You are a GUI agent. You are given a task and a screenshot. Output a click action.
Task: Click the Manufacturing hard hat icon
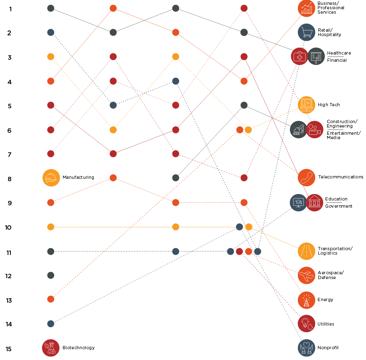point(51,178)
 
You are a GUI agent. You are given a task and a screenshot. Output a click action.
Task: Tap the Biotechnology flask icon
point(51,348)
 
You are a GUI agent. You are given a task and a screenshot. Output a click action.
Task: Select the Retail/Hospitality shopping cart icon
point(307,32)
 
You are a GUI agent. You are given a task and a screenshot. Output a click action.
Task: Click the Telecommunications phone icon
point(307,178)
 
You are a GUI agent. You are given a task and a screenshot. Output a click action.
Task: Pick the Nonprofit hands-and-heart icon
point(307,348)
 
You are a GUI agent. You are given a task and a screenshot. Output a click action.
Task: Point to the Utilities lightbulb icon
point(307,324)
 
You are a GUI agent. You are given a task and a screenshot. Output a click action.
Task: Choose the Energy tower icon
point(307,300)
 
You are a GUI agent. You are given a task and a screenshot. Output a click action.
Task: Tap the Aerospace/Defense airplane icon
point(307,275)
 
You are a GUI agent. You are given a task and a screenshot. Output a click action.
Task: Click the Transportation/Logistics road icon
point(307,251)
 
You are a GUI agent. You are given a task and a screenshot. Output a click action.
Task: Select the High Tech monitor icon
point(307,105)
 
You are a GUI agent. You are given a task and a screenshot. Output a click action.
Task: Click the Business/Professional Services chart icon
point(307,8)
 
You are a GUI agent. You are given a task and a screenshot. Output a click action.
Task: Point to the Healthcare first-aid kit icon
point(299,56)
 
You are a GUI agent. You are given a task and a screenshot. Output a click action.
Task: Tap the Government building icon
point(314,202)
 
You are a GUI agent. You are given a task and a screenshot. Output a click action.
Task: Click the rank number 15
point(9,349)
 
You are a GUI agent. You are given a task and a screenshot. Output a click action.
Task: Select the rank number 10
point(8,227)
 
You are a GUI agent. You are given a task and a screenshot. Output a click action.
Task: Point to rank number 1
point(10,9)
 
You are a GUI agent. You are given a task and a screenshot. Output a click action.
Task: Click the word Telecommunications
point(341,177)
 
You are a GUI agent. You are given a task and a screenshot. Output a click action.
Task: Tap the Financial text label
point(337,60)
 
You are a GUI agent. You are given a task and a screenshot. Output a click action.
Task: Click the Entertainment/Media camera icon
point(314,129)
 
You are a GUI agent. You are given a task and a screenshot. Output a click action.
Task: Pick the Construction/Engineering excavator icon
point(299,129)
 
